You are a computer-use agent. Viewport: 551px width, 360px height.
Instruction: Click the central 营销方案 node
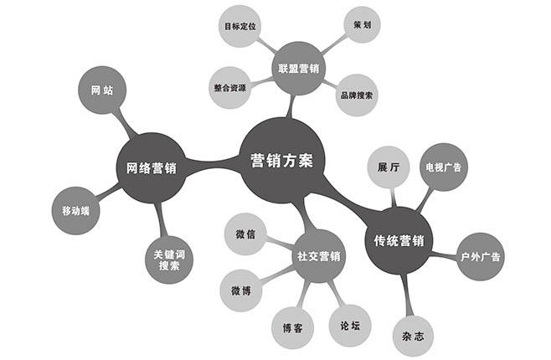282,160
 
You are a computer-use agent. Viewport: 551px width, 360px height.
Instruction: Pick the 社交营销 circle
319,255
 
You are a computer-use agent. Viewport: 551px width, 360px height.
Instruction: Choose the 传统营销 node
399,241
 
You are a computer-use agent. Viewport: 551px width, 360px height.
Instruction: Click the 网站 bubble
102,89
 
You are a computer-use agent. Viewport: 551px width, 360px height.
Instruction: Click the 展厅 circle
389,165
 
